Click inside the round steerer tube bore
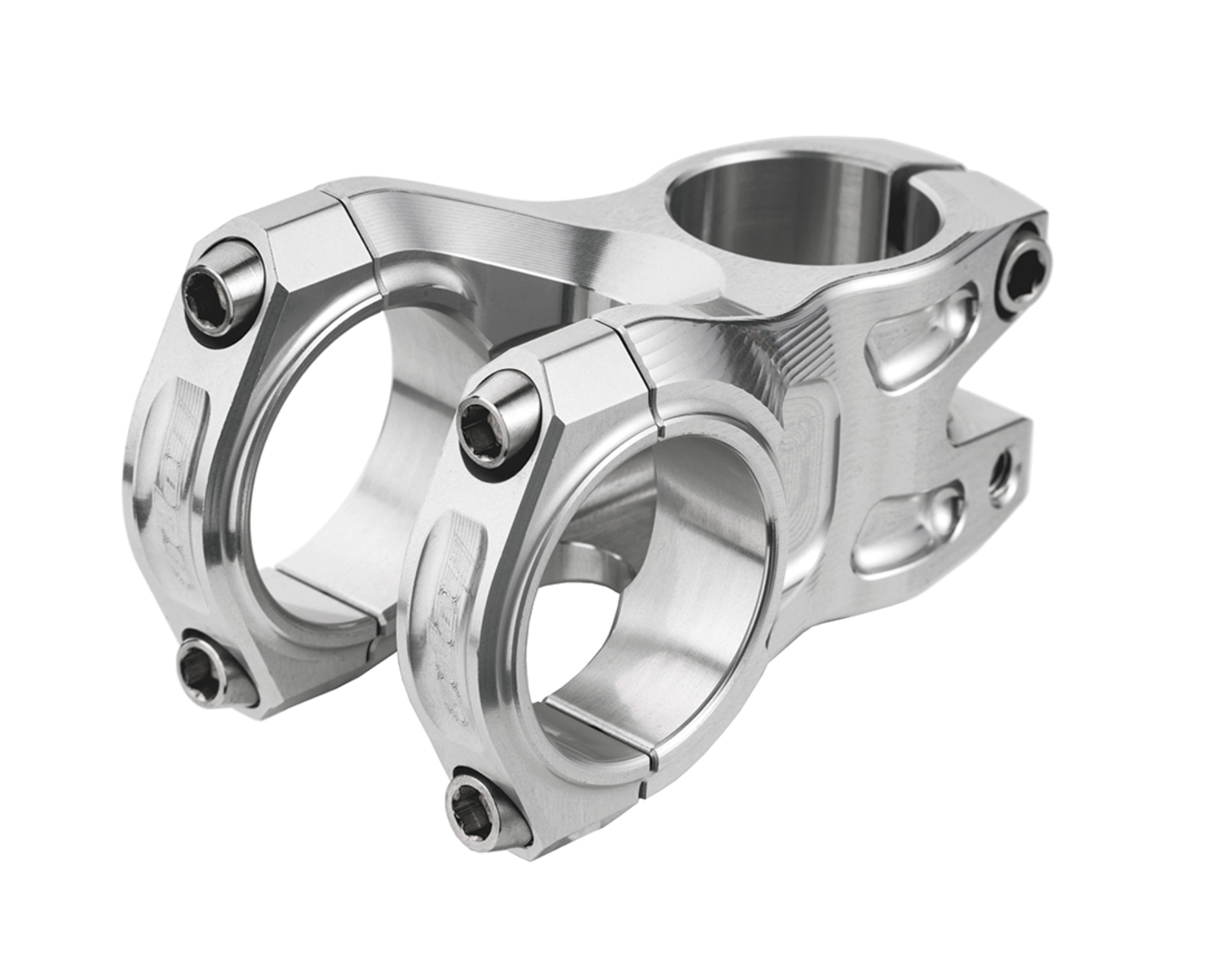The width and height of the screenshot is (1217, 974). (764, 214)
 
